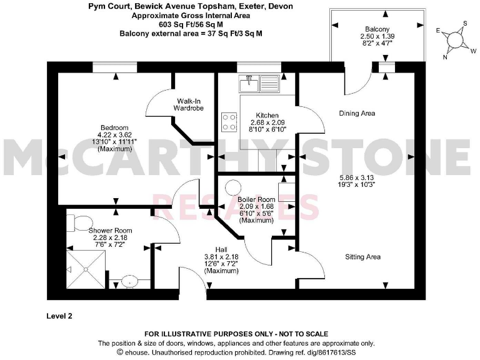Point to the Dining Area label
point(356,113)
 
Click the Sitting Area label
point(362,256)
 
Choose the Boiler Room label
point(256,199)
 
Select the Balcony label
point(377,29)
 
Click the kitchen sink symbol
point(258,82)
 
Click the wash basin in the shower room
point(129,281)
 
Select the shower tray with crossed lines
point(86,269)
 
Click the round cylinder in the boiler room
point(234,187)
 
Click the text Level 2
point(60,316)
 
